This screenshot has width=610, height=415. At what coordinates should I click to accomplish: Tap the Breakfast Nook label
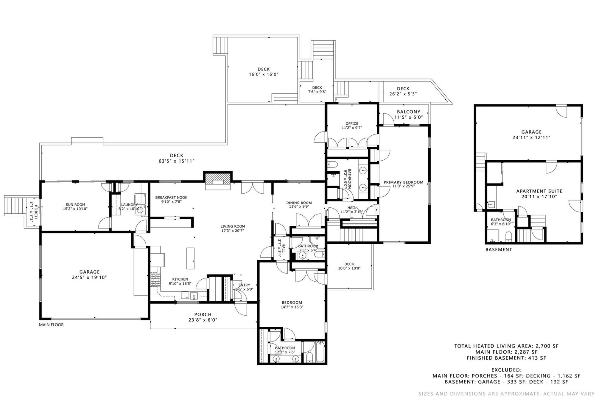171,198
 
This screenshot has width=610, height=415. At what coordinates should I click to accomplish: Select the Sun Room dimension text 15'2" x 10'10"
75,209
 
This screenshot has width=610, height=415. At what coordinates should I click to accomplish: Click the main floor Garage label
89,272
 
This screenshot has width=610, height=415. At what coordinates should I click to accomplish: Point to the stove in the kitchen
155,280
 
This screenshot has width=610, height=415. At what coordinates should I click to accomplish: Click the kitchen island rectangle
191,258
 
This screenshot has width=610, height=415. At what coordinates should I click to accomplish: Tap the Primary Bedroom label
403,182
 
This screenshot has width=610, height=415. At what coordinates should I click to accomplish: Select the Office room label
352,123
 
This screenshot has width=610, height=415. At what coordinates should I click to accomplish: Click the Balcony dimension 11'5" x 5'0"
408,117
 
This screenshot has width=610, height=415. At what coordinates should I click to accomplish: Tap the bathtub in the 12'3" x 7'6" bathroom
320,352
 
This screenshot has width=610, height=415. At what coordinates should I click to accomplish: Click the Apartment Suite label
539,191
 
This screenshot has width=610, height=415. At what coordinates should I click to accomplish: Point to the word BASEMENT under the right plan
499,250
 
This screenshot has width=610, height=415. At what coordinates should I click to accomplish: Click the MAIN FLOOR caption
51,325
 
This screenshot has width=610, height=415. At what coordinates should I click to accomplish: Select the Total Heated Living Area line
506,346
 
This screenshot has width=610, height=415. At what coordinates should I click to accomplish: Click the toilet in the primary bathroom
333,164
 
